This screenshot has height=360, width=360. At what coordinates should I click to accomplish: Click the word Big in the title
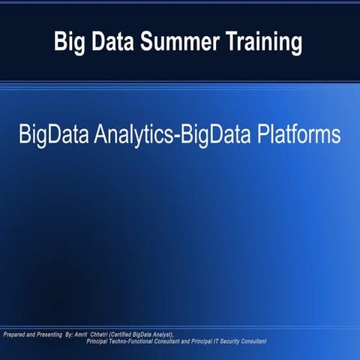coord(68,43)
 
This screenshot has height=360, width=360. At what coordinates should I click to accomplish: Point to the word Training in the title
coord(262,43)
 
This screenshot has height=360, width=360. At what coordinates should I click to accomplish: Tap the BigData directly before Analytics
coord(55,136)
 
